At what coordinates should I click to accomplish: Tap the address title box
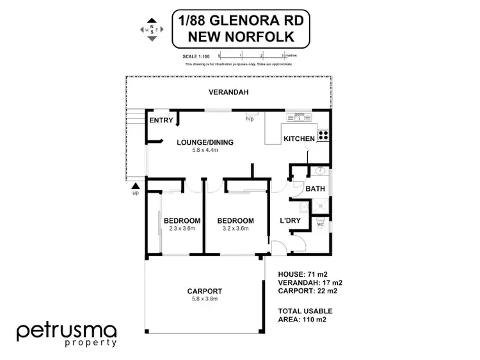click(x=241, y=28)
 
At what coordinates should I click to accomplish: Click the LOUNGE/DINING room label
click(x=205, y=142)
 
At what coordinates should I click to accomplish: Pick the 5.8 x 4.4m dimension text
click(x=205, y=151)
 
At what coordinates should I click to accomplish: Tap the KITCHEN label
click(x=299, y=138)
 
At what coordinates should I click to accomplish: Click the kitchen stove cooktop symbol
click(x=323, y=135)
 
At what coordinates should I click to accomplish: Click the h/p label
click(x=250, y=119)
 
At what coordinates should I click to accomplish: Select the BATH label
click(x=314, y=189)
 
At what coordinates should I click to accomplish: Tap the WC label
click(x=321, y=224)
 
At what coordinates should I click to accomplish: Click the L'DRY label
click(x=291, y=220)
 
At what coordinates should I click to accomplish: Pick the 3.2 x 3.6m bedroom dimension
click(x=236, y=229)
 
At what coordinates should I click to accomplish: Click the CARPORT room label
click(x=205, y=291)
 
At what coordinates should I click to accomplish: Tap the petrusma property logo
click(x=67, y=334)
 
